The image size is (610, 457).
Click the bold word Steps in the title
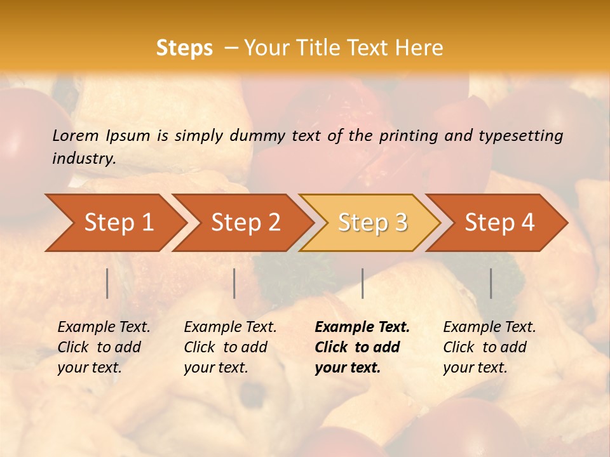pyautogui.click(x=184, y=48)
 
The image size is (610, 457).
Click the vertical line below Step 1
pyautogui.click(x=107, y=283)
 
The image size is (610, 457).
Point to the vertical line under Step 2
pyautogui.click(x=234, y=283)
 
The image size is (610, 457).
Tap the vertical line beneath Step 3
pyautogui.click(x=362, y=283)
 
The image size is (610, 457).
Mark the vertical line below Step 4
pyautogui.click(x=491, y=283)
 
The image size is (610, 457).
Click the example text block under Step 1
pyautogui.click(x=104, y=347)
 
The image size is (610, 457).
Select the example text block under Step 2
pyautogui.click(x=230, y=347)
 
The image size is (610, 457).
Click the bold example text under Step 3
pyautogui.click(x=362, y=347)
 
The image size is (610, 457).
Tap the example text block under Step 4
pyautogui.click(x=489, y=347)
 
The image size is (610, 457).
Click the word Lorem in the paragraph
pyautogui.click(x=76, y=135)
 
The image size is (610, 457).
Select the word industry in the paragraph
pyautogui.click(x=84, y=158)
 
